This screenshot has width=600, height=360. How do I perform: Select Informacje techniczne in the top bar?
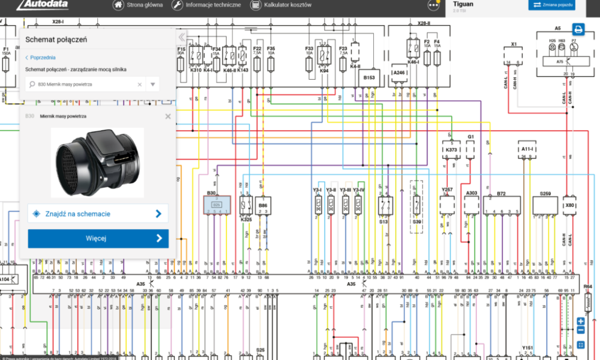click(207, 5)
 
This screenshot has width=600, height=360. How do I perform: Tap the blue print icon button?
click(578, 29)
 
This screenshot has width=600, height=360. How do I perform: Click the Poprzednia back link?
click(41, 58)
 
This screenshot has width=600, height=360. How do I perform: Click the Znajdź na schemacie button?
click(98, 214)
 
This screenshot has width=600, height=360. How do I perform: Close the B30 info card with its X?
click(168, 116)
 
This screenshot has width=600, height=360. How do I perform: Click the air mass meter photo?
click(98, 162)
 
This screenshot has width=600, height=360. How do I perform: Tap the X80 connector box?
click(570, 205)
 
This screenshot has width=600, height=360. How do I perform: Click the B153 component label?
click(368, 77)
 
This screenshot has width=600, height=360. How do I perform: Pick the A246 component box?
click(400, 73)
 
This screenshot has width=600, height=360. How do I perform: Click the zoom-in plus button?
click(581, 321)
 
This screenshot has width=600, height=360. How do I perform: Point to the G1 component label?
click(471, 137)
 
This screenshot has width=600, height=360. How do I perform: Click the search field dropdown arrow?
click(153, 85)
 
